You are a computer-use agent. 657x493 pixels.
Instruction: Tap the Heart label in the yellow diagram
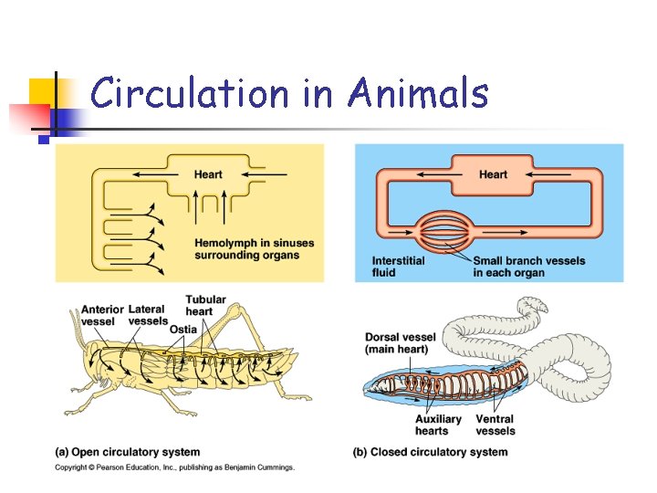click(x=208, y=174)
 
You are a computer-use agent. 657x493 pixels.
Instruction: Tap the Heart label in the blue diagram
click(x=493, y=174)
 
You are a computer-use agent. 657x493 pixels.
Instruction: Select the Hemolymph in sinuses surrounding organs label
click(x=253, y=248)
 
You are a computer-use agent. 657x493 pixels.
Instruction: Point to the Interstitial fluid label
click(x=398, y=267)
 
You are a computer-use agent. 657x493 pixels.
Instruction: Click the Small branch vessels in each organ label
click(x=528, y=267)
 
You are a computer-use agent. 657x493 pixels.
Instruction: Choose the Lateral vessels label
click(x=148, y=315)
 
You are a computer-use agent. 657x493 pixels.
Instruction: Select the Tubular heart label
click(x=205, y=305)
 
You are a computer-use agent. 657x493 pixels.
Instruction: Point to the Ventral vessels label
click(x=495, y=425)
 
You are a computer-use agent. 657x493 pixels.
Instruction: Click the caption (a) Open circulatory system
click(x=128, y=452)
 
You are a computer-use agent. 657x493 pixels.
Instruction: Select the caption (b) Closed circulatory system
click(x=430, y=452)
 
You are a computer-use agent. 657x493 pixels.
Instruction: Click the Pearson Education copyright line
click(x=174, y=467)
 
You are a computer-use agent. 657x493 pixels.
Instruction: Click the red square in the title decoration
click(x=27, y=118)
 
